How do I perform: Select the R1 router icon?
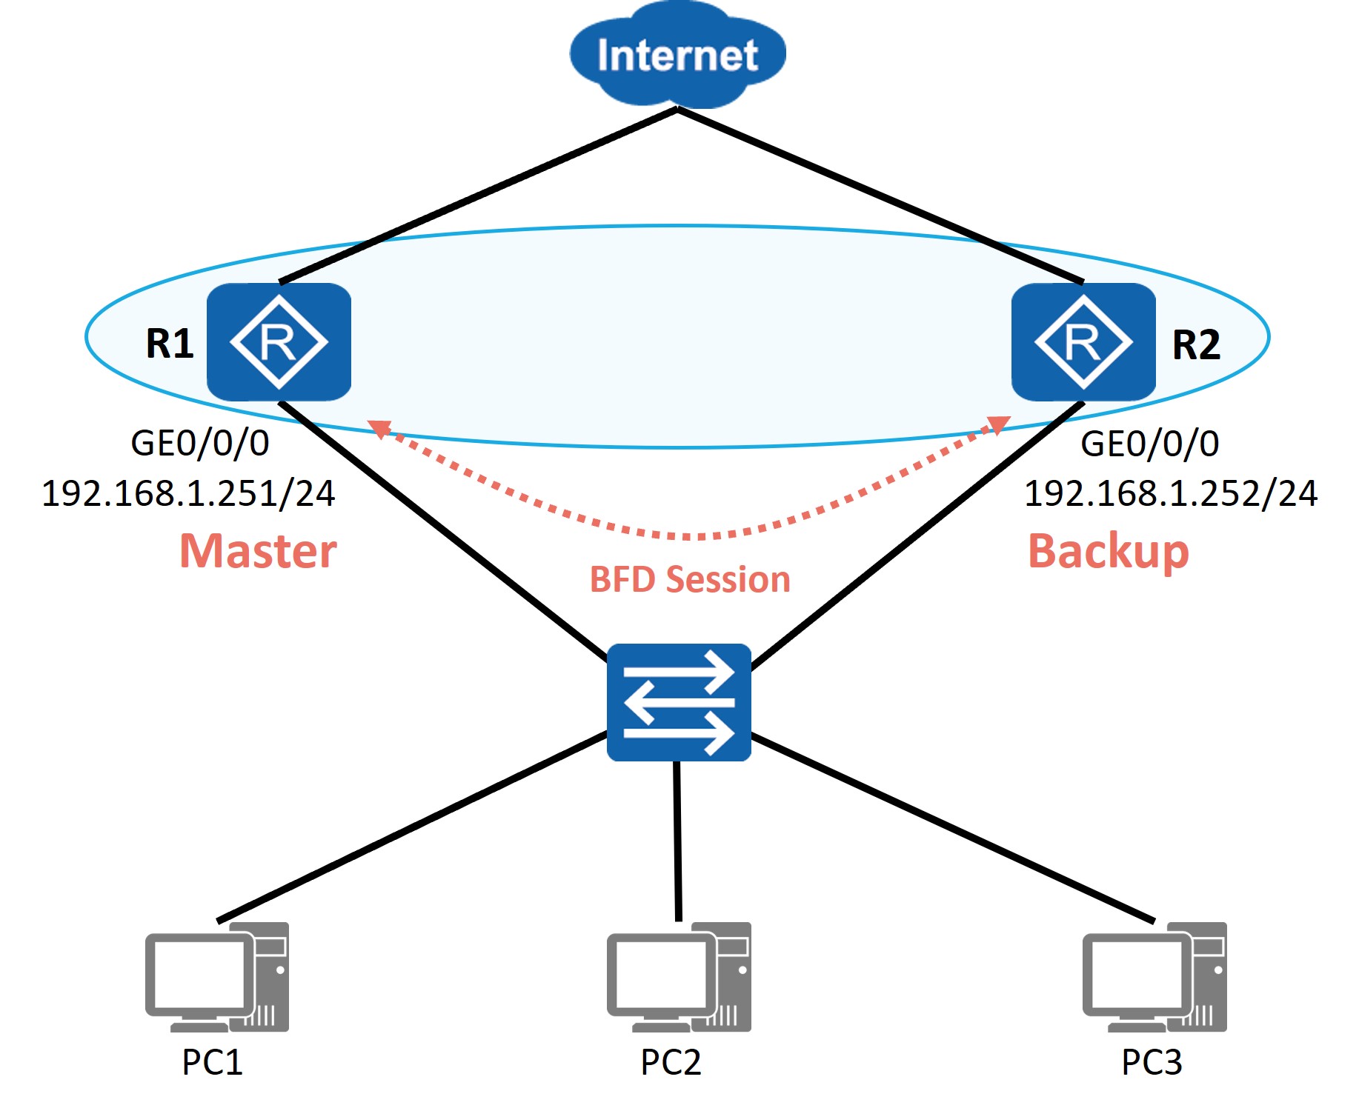[x=279, y=342]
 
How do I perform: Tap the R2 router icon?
[x=1083, y=342]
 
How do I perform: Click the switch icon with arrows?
[x=679, y=702]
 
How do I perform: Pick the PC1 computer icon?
[x=217, y=977]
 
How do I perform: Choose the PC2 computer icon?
[x=679, y=977]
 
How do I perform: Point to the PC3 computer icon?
[x=1154, y=977]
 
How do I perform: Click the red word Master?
[x=259, y=551]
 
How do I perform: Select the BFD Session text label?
[x=690, y=579]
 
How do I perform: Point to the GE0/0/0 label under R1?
[x=200, y=444]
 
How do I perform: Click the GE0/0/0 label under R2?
[x=1150, y=444]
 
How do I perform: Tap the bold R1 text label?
[x=170, y=344]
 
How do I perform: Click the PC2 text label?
[x=671, y=1062]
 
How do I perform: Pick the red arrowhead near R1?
[x=380, y=428]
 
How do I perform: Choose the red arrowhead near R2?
[x=999, y=425]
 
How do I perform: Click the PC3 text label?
[x=1152, y=1062]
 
